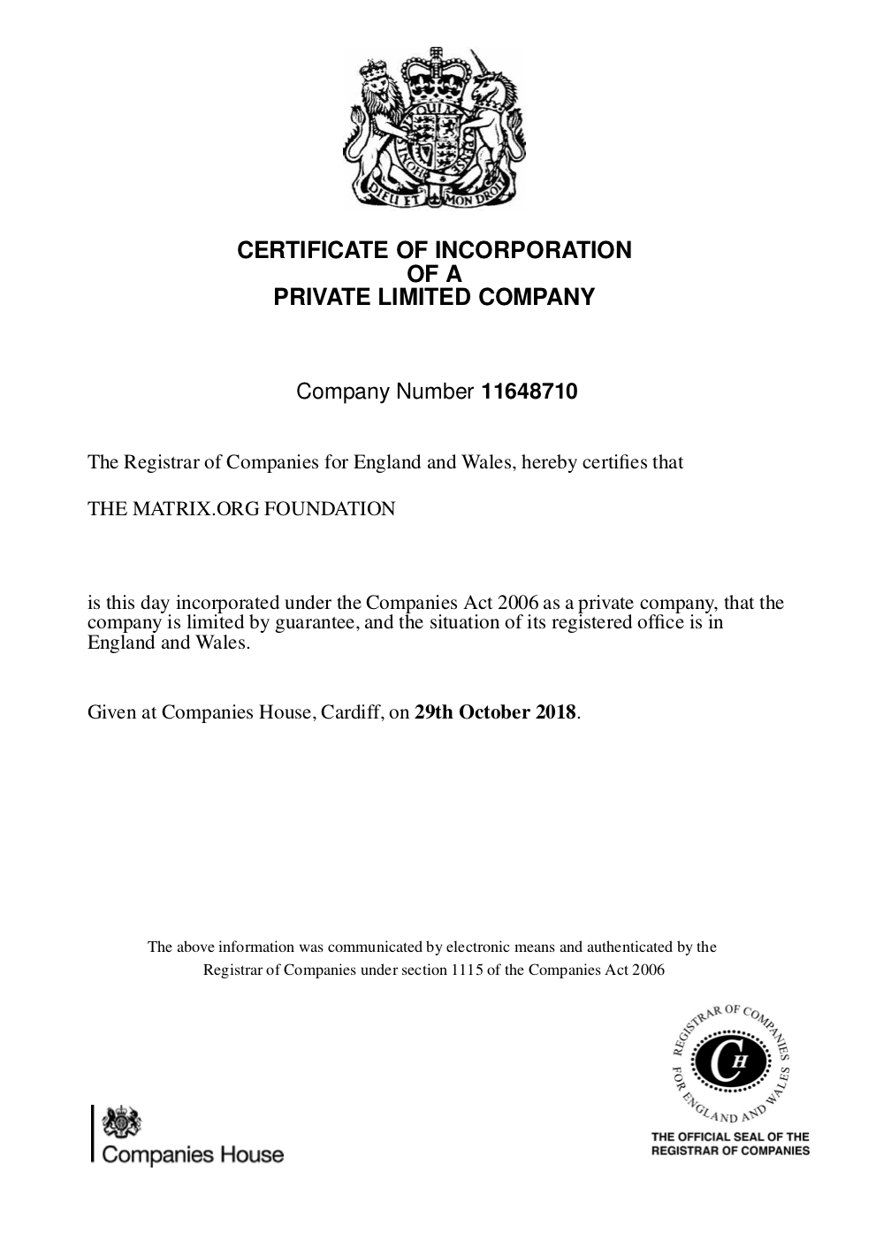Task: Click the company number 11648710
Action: [529, 392]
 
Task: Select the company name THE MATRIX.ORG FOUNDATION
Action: [241, 509]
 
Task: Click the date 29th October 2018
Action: [495, 712]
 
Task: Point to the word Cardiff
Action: [352, 712]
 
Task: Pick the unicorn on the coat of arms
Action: [491, 115]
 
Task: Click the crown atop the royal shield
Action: [434, 71]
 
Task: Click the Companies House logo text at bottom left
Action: [194, 1154]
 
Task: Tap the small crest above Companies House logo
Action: [121, 1123]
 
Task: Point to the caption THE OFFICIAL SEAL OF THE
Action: [730, 1137]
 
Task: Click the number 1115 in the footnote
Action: [466, 970]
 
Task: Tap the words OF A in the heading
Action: [434, 274]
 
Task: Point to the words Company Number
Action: [385, 392]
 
